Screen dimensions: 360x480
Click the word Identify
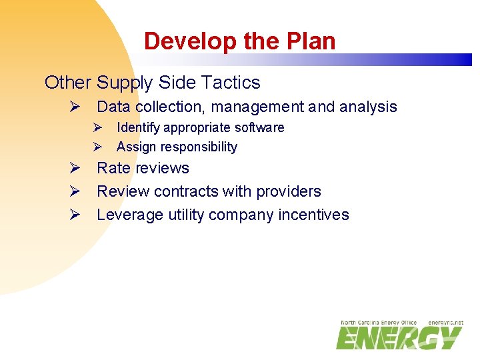click(x=138, y=127)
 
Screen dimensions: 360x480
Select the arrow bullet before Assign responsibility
click(x=97, y=147)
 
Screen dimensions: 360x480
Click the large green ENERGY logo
click(x=398, y=338)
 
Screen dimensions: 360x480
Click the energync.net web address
click(x=445, y=323)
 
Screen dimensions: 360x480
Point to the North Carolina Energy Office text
click(x=379, y=323)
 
